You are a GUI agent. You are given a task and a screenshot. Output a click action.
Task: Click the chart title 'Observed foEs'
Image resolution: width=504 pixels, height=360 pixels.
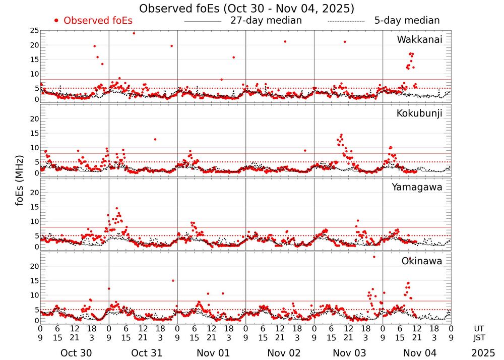(246, 9)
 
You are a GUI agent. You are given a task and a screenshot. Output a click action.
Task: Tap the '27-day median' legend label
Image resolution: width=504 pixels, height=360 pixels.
(266, 21)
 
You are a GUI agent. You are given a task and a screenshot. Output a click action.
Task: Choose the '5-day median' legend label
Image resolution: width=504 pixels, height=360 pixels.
(407, 21)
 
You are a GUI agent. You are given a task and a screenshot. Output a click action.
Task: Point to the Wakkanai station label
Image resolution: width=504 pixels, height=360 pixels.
(419, 40)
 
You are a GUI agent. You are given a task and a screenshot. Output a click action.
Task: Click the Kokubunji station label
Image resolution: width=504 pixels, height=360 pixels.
(419, 113)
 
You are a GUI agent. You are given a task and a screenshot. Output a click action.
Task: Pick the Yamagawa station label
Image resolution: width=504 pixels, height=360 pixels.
(417, 187)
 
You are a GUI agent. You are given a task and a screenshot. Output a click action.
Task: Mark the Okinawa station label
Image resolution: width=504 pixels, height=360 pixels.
(422, 261)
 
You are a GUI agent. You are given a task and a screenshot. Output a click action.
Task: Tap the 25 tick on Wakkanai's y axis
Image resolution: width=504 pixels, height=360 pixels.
(34, 31)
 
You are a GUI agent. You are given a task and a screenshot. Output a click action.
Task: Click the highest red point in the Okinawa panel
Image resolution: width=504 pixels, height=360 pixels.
(374, 257)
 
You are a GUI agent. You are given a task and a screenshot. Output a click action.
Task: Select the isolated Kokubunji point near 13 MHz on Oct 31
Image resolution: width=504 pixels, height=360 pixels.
(155, 139)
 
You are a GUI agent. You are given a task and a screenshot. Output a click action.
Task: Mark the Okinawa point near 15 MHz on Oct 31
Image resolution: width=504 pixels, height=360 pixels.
(173, 280)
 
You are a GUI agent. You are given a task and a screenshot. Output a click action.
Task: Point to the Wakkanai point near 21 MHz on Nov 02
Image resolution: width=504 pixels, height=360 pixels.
(285, 41)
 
